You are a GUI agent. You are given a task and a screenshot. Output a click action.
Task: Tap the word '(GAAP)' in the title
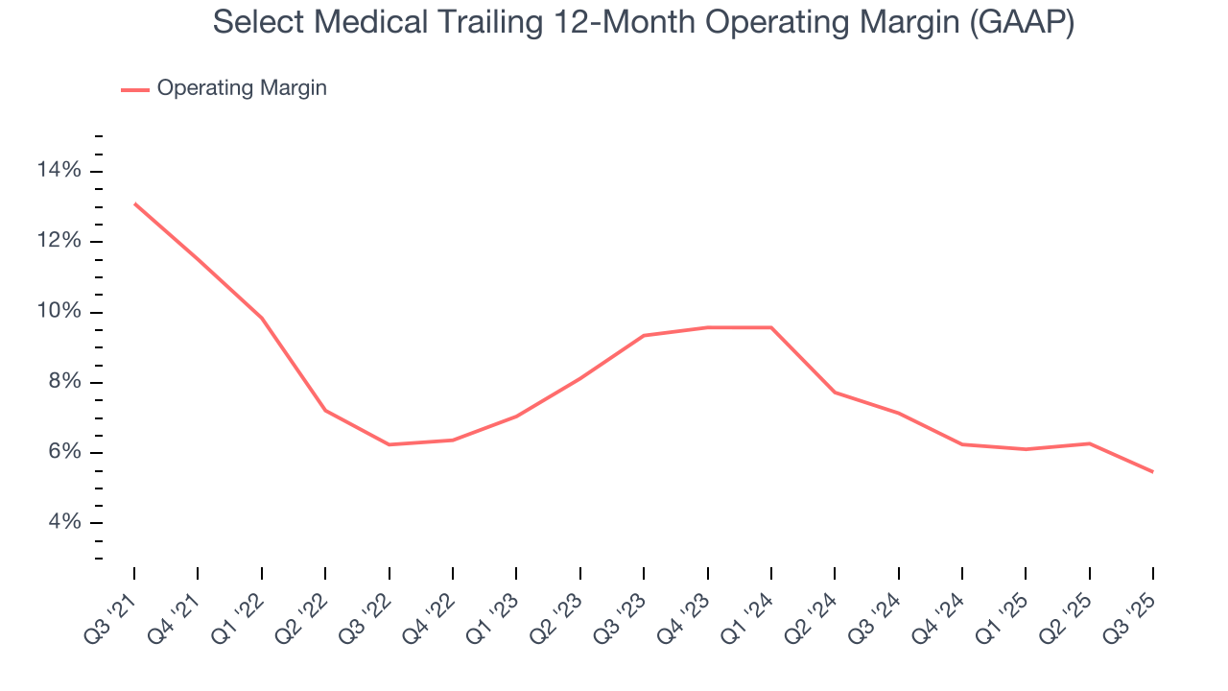(x=1020, y=22)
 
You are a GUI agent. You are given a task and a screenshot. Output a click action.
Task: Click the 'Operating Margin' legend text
(x=242, y=88)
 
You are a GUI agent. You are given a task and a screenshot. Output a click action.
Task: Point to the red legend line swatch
(x=134, y=89)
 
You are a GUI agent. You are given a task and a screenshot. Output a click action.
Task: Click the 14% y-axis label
(x=59, y=171)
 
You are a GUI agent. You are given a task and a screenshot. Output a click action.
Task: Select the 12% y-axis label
(x=59, y=241)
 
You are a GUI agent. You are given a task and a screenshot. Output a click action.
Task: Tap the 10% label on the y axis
(x=59, y=312)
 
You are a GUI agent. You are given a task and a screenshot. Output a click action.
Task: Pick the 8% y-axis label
(x=65, y=382)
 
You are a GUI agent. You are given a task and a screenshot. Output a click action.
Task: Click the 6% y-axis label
(x=65, y=452)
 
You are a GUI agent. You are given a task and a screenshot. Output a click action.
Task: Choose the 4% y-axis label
(x=65, y=522)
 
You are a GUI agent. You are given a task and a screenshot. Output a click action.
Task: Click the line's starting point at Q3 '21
(x=134, y=203)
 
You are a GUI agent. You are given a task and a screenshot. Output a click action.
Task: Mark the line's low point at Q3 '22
(x=389, y=444)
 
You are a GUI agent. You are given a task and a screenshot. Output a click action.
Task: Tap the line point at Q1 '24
(x=770, y=327)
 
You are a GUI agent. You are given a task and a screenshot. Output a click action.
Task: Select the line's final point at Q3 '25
(x=1152, y=471)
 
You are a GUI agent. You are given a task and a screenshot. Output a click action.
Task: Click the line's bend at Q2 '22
(x=325, y=410)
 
